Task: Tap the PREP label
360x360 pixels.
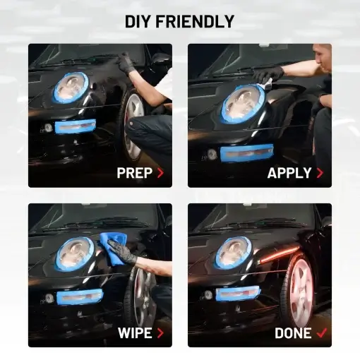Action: pyautogui.click(x=135, y=173)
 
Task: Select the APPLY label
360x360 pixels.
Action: pyautogui.click(x=289, y=173)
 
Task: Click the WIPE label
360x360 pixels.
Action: pyautogui.click(x=135, y=333)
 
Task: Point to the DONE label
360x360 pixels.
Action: pyautogui.click(x=293, y=333)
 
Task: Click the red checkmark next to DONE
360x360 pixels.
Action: pyautogui.click(x=322, y=332)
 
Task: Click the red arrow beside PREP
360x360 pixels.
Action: pyautogui.click(x=160, y=173)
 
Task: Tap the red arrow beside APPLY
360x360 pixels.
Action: pyautogui.click(x=320, y=173)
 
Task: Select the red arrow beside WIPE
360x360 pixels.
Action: pyautogui.click(x=160, y=333)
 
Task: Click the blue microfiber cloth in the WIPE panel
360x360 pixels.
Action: pyautogui.click(x=112, y=248)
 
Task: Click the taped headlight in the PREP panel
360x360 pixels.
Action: pyautogui.click(x=71, y=88)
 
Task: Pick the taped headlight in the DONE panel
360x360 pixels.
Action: pyautogui.click(x=234, y=252)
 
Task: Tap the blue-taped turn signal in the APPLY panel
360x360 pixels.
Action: pyautogui.click(x=247, y=153)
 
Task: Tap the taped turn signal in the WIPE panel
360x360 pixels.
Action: pyautogui.click(x=80, y=296)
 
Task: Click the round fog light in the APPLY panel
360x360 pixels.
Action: pyautogui.click(x=212, y=155)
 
